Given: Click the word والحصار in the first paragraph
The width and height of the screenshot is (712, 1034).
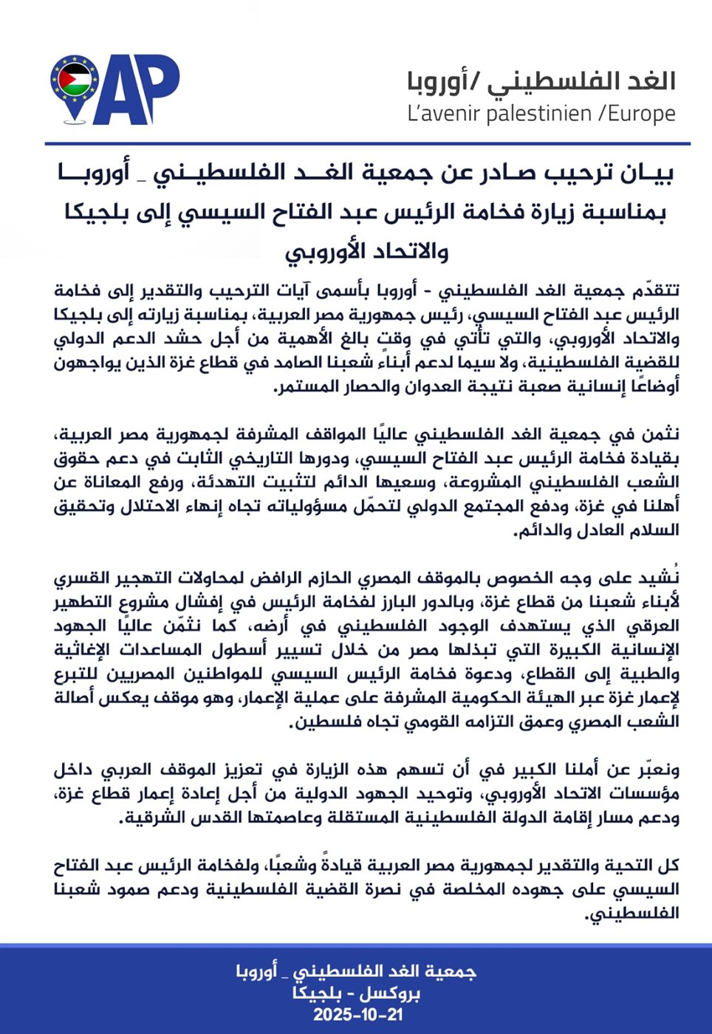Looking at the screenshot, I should pyautogui.click(x=377, y=386).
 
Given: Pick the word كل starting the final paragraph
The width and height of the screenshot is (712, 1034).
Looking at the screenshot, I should pyautogui.click(x=669, y=866).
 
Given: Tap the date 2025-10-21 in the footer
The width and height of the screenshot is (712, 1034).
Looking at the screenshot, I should pyautogui.click(x=358, y=1014).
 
